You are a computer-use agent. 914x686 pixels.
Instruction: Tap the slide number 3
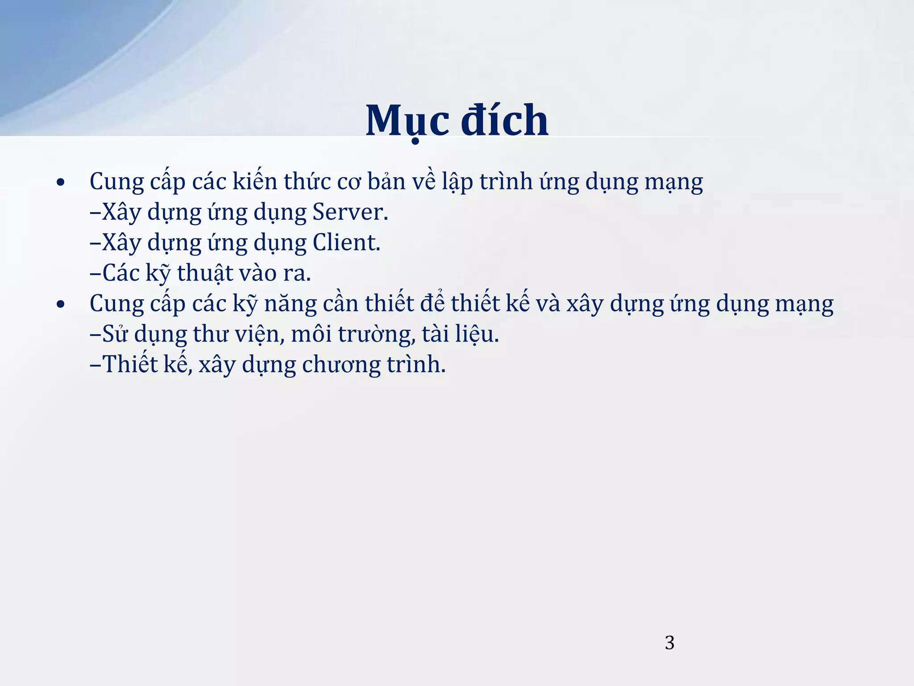[669, 643]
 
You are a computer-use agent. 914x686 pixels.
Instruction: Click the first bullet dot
[61, 183]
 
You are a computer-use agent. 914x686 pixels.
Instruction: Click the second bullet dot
[61, 305]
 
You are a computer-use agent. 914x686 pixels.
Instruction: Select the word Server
[350, 212]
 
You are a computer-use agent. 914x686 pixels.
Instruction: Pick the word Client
[346, 243]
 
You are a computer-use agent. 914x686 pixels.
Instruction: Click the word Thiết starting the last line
[131, 364]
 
